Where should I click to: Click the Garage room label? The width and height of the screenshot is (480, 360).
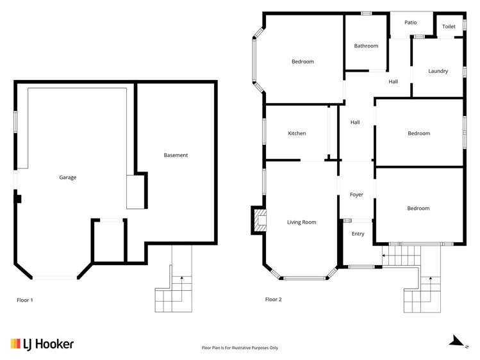[67, 177]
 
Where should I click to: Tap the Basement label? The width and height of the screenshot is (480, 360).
[176, 155]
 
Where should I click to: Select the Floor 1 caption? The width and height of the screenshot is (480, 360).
[24, 300]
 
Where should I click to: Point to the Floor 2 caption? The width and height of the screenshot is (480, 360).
[273, 299]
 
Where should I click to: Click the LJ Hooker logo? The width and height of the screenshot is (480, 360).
[42, 344]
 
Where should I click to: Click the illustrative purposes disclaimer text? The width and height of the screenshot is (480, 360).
[240, 348]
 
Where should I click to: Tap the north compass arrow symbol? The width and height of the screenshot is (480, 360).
[456, 341]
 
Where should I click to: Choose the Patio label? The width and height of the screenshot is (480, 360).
[410, 22]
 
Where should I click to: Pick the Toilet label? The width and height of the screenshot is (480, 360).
[449, 26]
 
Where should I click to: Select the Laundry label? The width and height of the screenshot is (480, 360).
[438, 71]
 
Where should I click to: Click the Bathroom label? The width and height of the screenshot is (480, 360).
[366, 46]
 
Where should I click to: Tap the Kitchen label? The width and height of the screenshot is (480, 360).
[297, 133]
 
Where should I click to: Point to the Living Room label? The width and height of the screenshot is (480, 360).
[301, 222]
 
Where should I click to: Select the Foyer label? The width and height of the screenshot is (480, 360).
[356, 195]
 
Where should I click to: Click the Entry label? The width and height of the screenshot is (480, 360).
[358, 234]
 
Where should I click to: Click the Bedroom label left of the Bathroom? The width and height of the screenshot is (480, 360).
[302, 61]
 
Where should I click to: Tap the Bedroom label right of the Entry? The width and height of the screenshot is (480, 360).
[418, 208]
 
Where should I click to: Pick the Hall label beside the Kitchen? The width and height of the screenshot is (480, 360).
[354, 122]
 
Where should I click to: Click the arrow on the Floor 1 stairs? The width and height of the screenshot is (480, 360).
[182, 278]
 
